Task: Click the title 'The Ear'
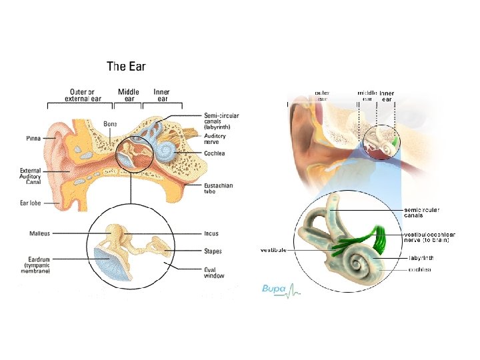click(x=126, y=66)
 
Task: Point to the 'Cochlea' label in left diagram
click(x=214, y=153)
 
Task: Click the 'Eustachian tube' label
click(x=218, y=188)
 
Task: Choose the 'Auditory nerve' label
click(x=215, y=139)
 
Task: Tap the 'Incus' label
click(x=211, y=233)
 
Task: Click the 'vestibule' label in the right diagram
click(x=273, y=250)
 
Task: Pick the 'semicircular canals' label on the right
click(x=421, y=213)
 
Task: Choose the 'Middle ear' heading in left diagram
click(x=129, y=95)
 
